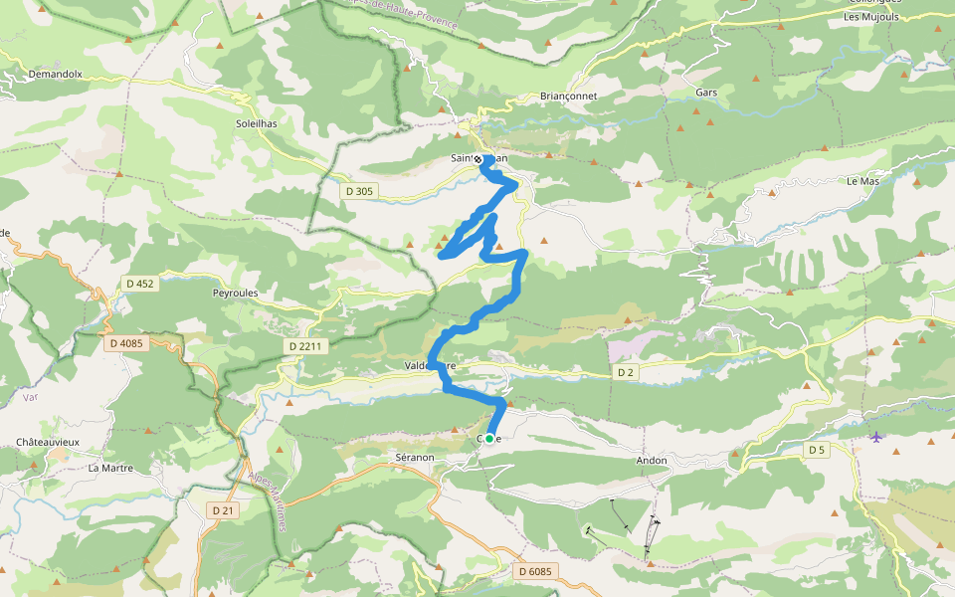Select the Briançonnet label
coord(568,96)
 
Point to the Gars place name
coord(707,92)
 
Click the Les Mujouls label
coord(871,16)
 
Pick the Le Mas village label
coord(862,182)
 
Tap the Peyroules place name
coord(236,294)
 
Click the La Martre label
coord(109,467)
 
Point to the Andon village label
coord(651,461)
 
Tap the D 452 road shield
coord(140,284)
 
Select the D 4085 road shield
coord(126,343)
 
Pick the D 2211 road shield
coord(304,346)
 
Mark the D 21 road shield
coord(223,509)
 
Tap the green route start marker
coord(489,438)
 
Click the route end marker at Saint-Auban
coord(478,159)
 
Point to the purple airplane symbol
coord(875,437)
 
